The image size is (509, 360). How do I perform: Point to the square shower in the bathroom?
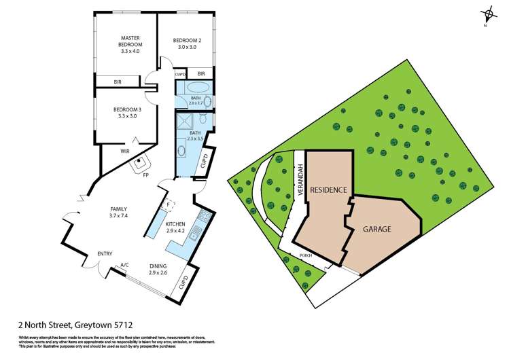pyautogui.click(x=183, y=122)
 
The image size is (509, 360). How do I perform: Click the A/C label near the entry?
pyautogui.click(x=124, y=265)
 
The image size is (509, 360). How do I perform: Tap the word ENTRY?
pyautogui.click(x=105, y=254)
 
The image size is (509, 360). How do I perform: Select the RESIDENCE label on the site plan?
pyautogui.click(x=330, y=190)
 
